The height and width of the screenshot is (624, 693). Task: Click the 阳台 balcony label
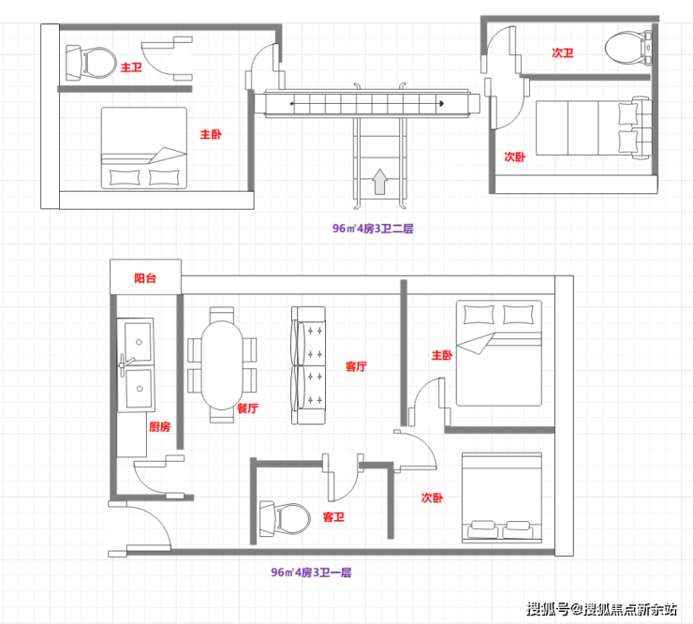[x=145, y=278]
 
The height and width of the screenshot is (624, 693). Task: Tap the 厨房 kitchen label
[x=159, y=426]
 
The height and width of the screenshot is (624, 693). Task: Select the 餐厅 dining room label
[x=247, y=409]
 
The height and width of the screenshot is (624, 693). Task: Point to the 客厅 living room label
[x=356, y=366]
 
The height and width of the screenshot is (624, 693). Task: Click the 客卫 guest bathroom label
[x=333, y=516]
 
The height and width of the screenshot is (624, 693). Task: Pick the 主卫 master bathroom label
[x=131, y=67]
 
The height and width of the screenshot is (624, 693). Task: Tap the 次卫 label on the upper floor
[x=563, y=53]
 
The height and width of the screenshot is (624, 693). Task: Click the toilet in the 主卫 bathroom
[x=91, y=63]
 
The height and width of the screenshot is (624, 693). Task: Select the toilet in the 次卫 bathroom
[x=628, y=48]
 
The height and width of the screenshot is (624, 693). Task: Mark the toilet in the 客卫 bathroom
[x=285, y=519]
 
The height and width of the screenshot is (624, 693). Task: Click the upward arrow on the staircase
[x=379, y=182]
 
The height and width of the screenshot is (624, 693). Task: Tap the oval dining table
[x=222, y=365]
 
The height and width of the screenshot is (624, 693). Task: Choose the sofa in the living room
[x=308, y=365]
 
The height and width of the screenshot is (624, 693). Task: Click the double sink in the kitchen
[x=136, y=364]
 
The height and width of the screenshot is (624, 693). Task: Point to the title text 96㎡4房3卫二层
[x=373, y=229]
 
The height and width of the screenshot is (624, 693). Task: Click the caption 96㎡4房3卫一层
[x=311, y=572]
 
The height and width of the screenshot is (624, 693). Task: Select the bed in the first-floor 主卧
[x=499, y=353]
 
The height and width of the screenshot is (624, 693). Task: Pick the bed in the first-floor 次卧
[x=502, y=498]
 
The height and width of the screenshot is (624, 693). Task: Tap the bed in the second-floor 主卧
[x=144, y=148]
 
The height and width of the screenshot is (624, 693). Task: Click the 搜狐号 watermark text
[x=547, y=609]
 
